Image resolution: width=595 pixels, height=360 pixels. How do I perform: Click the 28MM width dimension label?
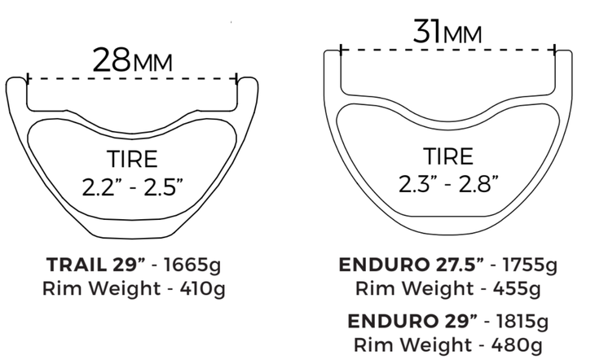(x=132, y=60)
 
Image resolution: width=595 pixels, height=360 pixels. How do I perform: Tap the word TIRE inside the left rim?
(x=131, y=159)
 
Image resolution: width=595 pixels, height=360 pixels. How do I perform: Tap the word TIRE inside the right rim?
(x=447, y=156)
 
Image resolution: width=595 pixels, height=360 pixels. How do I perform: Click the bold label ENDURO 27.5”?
(x=411, y=264)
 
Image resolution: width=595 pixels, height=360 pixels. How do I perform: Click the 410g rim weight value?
(x=201, y=288)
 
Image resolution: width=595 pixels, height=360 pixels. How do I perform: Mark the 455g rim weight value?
(x=514, y=288)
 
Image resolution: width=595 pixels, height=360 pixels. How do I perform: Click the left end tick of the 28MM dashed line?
(x=28, y=80)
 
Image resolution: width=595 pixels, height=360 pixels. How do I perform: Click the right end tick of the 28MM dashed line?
(x=237, y=80)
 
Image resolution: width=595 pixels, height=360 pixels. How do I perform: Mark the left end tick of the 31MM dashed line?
(x=340, y=50)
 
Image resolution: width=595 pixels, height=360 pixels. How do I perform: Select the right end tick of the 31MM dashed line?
(x=555, y=50)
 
